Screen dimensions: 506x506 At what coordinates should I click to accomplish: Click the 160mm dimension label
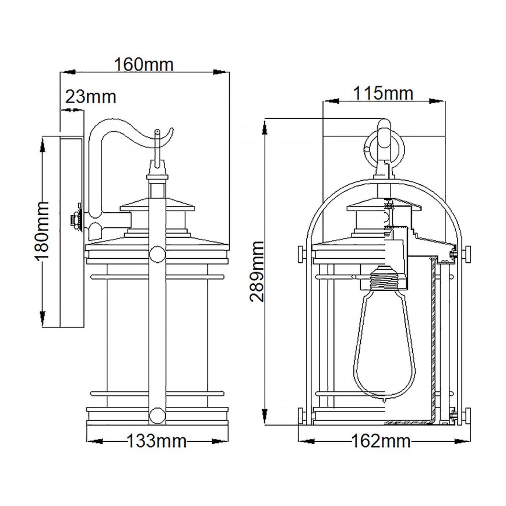tap(144, 64)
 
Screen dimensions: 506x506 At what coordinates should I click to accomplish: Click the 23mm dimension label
tap(90, 96)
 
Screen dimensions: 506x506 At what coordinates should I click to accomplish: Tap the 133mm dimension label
tap(157, 441)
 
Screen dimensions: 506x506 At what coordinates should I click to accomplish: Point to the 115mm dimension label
tap(382, 93)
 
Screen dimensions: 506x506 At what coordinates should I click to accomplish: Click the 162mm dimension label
tap(381, 441)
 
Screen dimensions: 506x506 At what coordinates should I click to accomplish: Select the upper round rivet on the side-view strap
tap(157, 254)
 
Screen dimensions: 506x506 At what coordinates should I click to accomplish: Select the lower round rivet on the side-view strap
tap(157, 416)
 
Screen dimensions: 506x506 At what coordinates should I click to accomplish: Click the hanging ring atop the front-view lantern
tap(382, 146)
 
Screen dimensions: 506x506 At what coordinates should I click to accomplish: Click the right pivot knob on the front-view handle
tap(467, 254)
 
